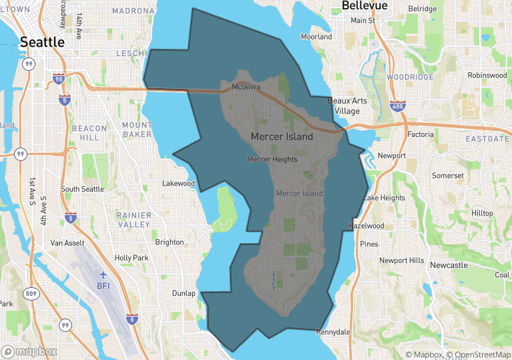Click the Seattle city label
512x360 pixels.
pyautogui.click(x=42, y=42)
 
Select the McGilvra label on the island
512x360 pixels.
pyautogui.click(x=246, y=87)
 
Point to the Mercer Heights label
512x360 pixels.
pyautogui.click(x=272, y=160)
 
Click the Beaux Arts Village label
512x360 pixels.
pyautogui.click(x=347, y=106)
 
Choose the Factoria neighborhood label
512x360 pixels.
pyautogui.click(x=420, y=134)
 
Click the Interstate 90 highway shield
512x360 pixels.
pyautogui.click(x=58, y=79)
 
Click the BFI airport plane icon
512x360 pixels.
pyautogui.click(x=103, y=275)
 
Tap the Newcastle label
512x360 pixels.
pyautogui.click(x=449, y=265)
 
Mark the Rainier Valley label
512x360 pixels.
pyautogui.click(x=134, y=220)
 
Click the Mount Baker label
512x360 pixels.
pyautogui.click(x=137, y=130)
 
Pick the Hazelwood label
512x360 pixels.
pyautogui.click(x=366, y=226)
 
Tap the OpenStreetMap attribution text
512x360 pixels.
pyautogui.click(x=477, y=355)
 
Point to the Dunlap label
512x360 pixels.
pyautogui.click(x=184, y=293)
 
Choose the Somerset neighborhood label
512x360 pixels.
pyautogui.click(x=447, y=176)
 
